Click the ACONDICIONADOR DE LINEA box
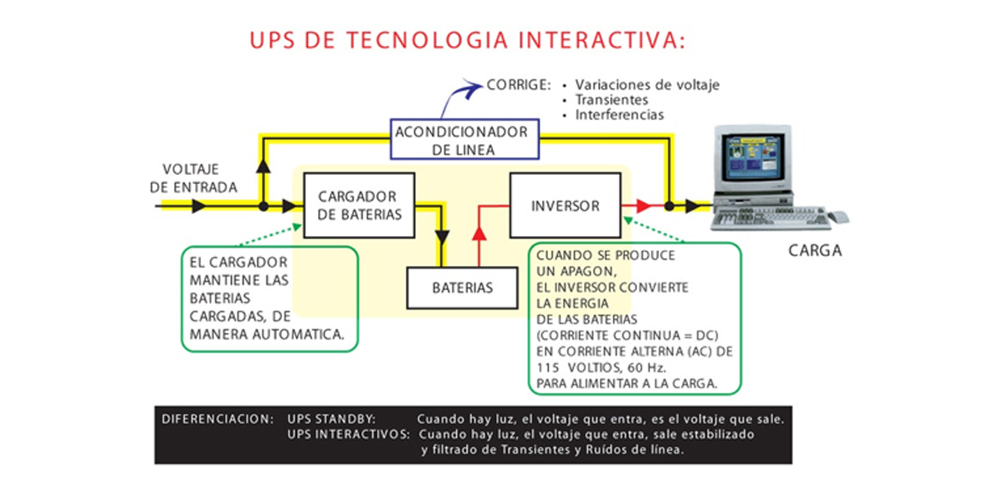tap(462, 140)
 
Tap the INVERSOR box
tap(565, 205)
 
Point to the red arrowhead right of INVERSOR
tap(643, 205)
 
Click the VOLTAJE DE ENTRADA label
tap(193, 177)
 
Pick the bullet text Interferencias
tap(619, 115)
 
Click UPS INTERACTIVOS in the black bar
tap(347, 435)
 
